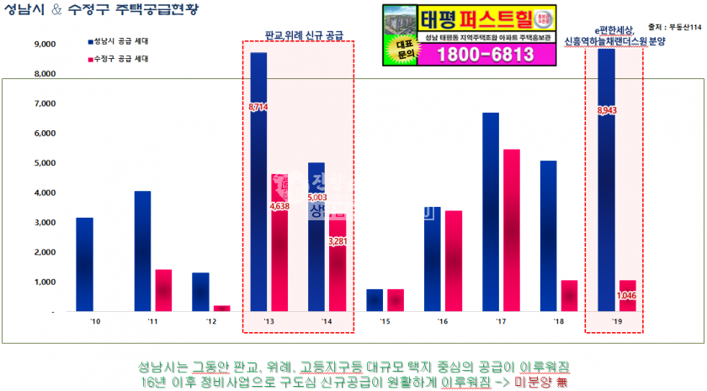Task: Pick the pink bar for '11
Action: click(163, 290)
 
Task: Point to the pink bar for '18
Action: click(570, 295)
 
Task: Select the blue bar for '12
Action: click(200, 292)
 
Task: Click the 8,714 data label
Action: click(259, 108)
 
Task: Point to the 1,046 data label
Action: click(626, 295)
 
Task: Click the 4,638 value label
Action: click(280, 206)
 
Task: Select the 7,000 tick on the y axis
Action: click(43, 103)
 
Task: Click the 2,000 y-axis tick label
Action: click(43, 252)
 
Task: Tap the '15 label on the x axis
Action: click(384, 321)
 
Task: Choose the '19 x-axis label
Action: click(616, 321)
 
